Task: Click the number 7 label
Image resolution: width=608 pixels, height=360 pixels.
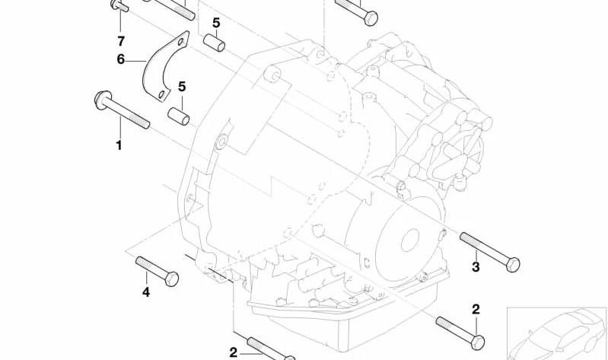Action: click(121, 41)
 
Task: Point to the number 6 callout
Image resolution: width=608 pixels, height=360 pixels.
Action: click(121, 59)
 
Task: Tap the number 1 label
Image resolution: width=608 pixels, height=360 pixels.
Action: click(119, 145)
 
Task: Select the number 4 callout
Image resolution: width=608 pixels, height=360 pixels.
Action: click(146, 292)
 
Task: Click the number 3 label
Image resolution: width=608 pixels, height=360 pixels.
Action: click(476, 267)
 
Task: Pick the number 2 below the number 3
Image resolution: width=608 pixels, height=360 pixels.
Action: click(476, 309)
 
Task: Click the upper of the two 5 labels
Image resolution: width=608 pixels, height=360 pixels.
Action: click(216, 23)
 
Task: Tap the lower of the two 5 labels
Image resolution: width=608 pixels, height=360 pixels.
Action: click(182, 87)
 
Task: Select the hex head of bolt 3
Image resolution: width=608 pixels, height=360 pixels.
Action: click(513, 265)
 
